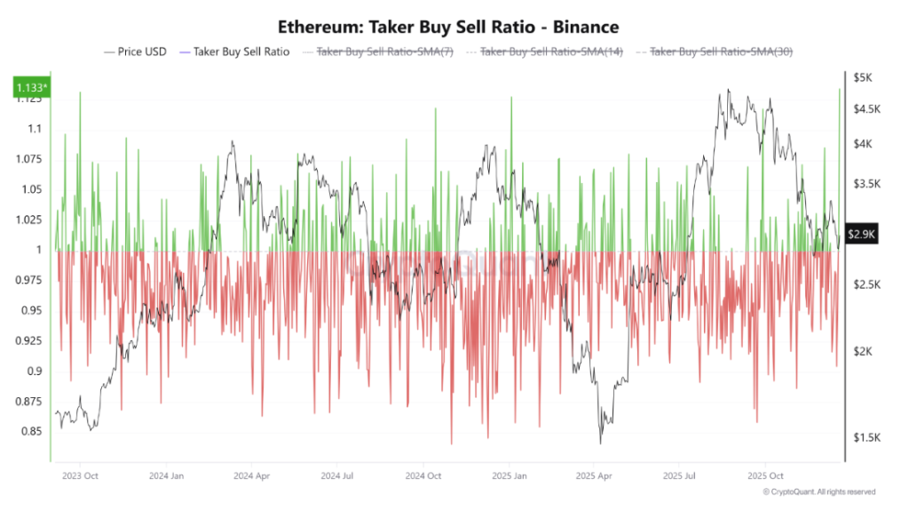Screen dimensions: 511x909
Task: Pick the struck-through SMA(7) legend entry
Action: (x=385, y=52)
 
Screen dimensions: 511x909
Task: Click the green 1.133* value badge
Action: (x=29, y=87)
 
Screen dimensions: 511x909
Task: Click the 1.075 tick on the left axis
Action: (x=29, y=159)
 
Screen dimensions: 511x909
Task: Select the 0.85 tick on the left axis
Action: (x=32, y=432)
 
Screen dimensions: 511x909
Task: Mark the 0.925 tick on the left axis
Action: (x=29, y=340)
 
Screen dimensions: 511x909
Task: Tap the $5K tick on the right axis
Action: (x=863, y=78)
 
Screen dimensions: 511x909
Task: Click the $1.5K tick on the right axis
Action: (x=866, y=438)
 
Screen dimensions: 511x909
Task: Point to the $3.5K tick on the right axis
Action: (x=866, y=185)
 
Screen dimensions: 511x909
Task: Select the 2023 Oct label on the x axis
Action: (x=79, y=475)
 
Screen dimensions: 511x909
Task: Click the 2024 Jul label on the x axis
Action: (x=336, y=475)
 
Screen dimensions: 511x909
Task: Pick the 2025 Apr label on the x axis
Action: (x=593, y=475)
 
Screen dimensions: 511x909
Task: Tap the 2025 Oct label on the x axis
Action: (x=765, y=475)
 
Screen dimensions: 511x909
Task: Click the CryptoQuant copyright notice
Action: (x=818, y=491)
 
